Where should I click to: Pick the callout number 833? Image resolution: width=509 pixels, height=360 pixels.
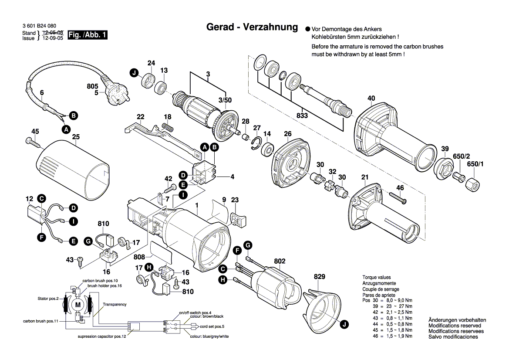point(302,115)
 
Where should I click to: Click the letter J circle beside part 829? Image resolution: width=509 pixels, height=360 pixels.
point(344,324)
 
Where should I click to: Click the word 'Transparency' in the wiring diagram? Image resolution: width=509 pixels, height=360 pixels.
point(115,304)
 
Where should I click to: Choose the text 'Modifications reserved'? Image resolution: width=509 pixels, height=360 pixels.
point(455,326)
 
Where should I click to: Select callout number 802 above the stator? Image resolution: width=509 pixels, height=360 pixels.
point(280,261)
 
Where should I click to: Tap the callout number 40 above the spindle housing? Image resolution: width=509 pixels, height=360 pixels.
point(371,98)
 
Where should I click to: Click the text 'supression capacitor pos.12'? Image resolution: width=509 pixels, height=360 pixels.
point(102,336)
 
